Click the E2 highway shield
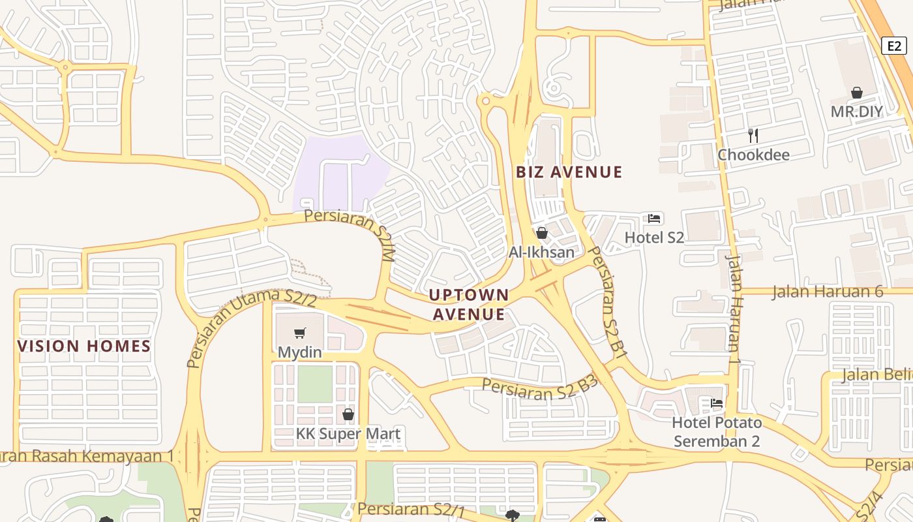(894, 46)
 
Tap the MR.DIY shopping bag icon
(857, 93)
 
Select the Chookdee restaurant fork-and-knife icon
(753, 135)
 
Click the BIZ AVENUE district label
(569, 172)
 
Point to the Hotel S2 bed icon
(655, 219)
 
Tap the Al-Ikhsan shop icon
(541, 233)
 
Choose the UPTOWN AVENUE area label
(469, 304)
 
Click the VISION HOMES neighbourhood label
(84, 346)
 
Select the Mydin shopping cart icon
(299, 333)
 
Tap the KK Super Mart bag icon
(348, 414)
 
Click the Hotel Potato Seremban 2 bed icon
(717, 403)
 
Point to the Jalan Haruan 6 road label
(828, 291)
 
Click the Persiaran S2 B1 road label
(607, 301)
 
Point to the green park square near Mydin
(315, 384)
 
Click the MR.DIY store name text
(856, 112)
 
